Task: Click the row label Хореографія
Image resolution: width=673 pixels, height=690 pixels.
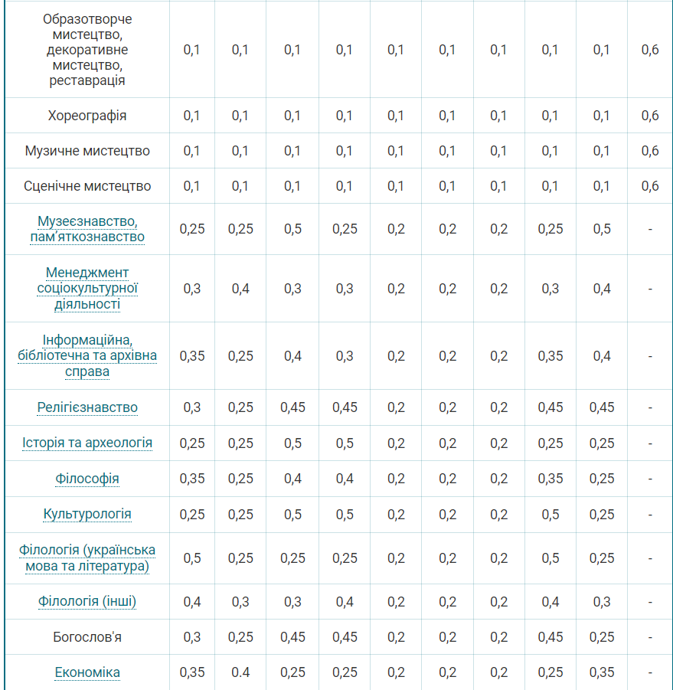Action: point(87,116)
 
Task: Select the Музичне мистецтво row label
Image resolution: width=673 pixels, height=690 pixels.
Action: point(87,151)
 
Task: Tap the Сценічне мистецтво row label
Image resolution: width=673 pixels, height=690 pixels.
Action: point(87,186)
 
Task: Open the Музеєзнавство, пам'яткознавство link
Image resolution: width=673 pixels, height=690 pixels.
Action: point(87,228)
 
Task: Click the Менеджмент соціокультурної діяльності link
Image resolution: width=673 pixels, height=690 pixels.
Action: point(87,288)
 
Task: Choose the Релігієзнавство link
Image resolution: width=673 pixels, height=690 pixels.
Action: point(87,407)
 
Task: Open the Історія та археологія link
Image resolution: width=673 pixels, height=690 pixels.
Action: point(87,443)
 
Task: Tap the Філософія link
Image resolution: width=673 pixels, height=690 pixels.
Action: point(87,479)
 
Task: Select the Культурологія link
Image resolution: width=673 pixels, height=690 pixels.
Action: point(87,514)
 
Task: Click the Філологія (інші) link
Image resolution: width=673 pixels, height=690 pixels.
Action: point(87,601)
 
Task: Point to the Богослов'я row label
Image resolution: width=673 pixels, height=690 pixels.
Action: point(87,636)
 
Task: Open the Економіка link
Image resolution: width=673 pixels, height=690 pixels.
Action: point(87,672)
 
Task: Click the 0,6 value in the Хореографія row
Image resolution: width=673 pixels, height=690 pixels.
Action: point(650,116)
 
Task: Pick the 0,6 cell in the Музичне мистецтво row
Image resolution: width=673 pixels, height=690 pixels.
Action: point(650,151)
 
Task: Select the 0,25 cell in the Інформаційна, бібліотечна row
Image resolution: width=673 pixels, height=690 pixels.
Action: point(240,355)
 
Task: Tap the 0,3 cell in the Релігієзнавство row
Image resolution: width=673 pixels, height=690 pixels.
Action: point(191,407)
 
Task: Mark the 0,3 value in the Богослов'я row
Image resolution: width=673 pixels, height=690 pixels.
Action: point(191,636)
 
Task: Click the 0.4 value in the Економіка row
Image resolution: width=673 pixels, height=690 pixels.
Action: point(240,672)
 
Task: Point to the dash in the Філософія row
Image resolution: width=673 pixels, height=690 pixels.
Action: point(650,479)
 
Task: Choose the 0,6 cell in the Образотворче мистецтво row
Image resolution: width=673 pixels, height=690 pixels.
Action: point(650,50)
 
